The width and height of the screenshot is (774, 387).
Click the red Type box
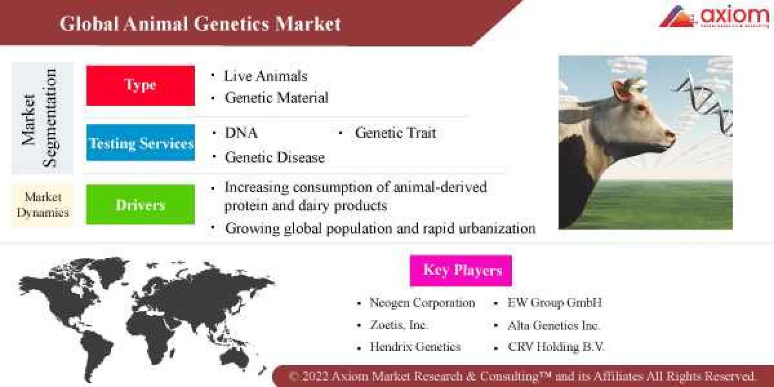coord(140,85)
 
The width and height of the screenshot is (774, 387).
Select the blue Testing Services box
coord(140,143)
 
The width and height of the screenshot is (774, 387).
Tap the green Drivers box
coord(140,204)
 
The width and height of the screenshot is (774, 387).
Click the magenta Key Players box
coord(461,270)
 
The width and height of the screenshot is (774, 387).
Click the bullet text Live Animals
coord(265,76)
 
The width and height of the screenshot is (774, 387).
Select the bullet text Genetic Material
coord(276,98)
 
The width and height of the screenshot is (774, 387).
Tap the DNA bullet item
coord(241,133)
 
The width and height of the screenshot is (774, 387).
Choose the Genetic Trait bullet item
coord(395,133)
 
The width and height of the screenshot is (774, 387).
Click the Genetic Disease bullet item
coord(274,157)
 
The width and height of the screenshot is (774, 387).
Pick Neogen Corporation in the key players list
coord(422,303)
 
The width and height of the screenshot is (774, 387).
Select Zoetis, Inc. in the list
coord(399,325)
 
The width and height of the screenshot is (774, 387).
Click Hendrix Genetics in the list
coord(415,347)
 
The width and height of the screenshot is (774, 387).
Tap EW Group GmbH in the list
coord(554,303)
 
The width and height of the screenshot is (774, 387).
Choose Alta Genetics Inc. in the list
coord(553,325)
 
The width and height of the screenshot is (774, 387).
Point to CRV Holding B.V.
coord(555,347)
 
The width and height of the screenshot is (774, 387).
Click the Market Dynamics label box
coord(43,204)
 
